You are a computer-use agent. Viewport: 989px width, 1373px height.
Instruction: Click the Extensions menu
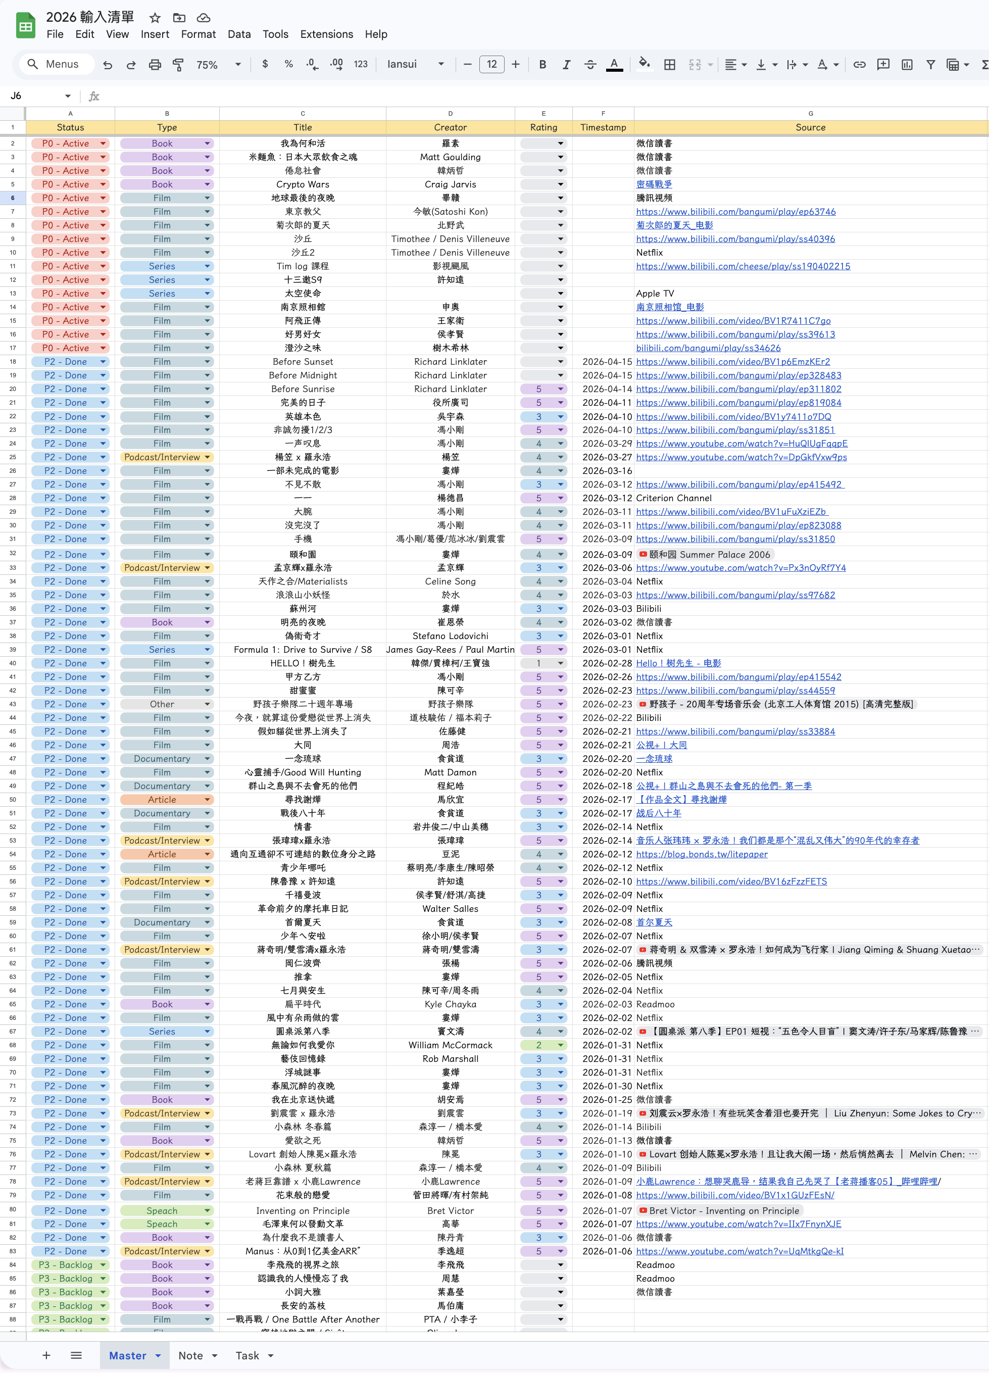point(326,34)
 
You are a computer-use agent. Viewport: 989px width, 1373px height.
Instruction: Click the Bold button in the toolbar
point(542,64)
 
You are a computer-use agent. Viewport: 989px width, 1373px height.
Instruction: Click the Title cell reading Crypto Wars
point(303,184)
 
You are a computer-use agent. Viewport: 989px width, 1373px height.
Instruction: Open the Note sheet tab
point(190,1355)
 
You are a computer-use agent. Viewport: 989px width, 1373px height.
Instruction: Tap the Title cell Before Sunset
point(303,361)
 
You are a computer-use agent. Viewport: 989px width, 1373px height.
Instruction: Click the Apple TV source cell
point(655,293)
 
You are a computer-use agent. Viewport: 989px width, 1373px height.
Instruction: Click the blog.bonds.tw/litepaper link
point(702,854)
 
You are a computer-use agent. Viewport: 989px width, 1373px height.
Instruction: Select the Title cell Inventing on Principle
point(303,1211)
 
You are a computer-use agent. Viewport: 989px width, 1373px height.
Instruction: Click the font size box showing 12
point(491,64)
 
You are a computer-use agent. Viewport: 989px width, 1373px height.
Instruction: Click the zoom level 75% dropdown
point(218,65)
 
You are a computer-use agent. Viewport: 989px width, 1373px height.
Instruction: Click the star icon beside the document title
point(155,18)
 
